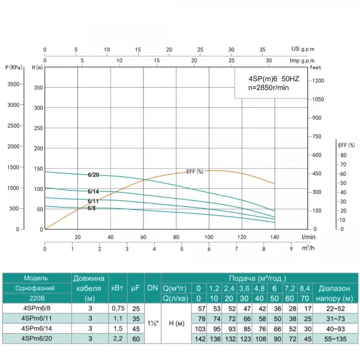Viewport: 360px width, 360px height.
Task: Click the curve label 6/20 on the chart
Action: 93,175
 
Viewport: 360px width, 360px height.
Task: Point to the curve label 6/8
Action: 92,208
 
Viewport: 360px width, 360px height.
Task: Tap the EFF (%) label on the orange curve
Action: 195,172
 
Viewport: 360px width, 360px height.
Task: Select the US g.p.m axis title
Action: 302,49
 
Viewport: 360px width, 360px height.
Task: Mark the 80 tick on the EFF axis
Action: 343,155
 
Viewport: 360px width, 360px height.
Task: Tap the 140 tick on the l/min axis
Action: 275,237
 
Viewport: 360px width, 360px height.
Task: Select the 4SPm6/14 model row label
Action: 35,329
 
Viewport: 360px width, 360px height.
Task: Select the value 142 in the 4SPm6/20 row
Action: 202,340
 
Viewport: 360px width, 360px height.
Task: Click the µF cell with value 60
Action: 136,340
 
